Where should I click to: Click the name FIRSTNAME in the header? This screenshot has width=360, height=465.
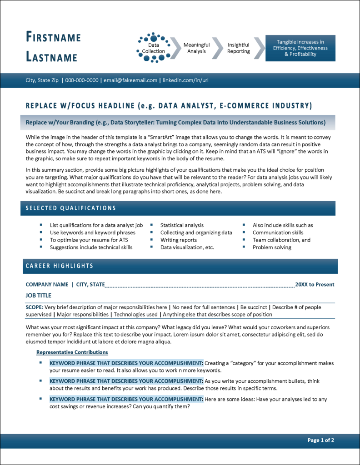pyautogui.click(x=53, y=37)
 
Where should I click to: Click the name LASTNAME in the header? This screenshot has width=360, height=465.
pyautogui.click(x=51, y=57)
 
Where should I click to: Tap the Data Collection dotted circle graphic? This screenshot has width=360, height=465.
pyautogui.click(x=154, y=48)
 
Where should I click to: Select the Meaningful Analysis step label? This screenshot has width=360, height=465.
pyautogui.click(x=196, y=48)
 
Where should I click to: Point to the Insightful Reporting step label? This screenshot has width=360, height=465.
pyautogui.click(x=239, y=48)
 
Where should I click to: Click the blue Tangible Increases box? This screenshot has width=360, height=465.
pyautogui.click(x=300, y=48)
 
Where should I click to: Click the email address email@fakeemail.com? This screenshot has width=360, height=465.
pyautogui.click(x=130, y=80)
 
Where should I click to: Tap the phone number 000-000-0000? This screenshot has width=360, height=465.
pyautogui.click(x=82, y=80)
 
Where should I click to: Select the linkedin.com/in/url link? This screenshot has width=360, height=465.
pyautogui.click(x=185, y=80)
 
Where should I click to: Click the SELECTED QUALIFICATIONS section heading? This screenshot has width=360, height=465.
pyautogui.click(x=70, y=208)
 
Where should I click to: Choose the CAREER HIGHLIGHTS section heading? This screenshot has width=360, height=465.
pyautogui.click(x=59, y=266)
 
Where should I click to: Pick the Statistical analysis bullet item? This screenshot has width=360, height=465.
pyautogui.click(x=182, y=225)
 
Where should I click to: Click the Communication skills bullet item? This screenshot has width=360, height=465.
pyautogui.click(x=278, y=232)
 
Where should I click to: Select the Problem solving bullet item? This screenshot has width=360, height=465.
pyautogui.click(x=272, y=247)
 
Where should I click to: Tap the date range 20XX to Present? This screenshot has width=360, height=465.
pyautogui.click(x=315, y=285)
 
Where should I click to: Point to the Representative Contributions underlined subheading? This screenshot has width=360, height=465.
pyautogui.click(x=72, y=352)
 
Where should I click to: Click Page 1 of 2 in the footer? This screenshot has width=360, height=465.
pyautogui.click(x=321, y=440)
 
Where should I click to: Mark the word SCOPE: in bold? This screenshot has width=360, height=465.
pyautogui.click(x=35, y=307)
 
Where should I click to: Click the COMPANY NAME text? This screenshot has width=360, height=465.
pyautogui.click(x=47, y=285)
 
